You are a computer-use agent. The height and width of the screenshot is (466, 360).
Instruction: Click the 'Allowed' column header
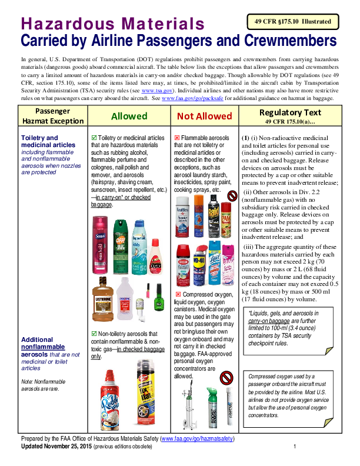[129, 116]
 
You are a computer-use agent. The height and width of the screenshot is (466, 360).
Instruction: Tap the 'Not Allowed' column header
[204, 116]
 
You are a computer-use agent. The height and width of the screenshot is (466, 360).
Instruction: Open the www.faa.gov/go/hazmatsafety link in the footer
[197, 439]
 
